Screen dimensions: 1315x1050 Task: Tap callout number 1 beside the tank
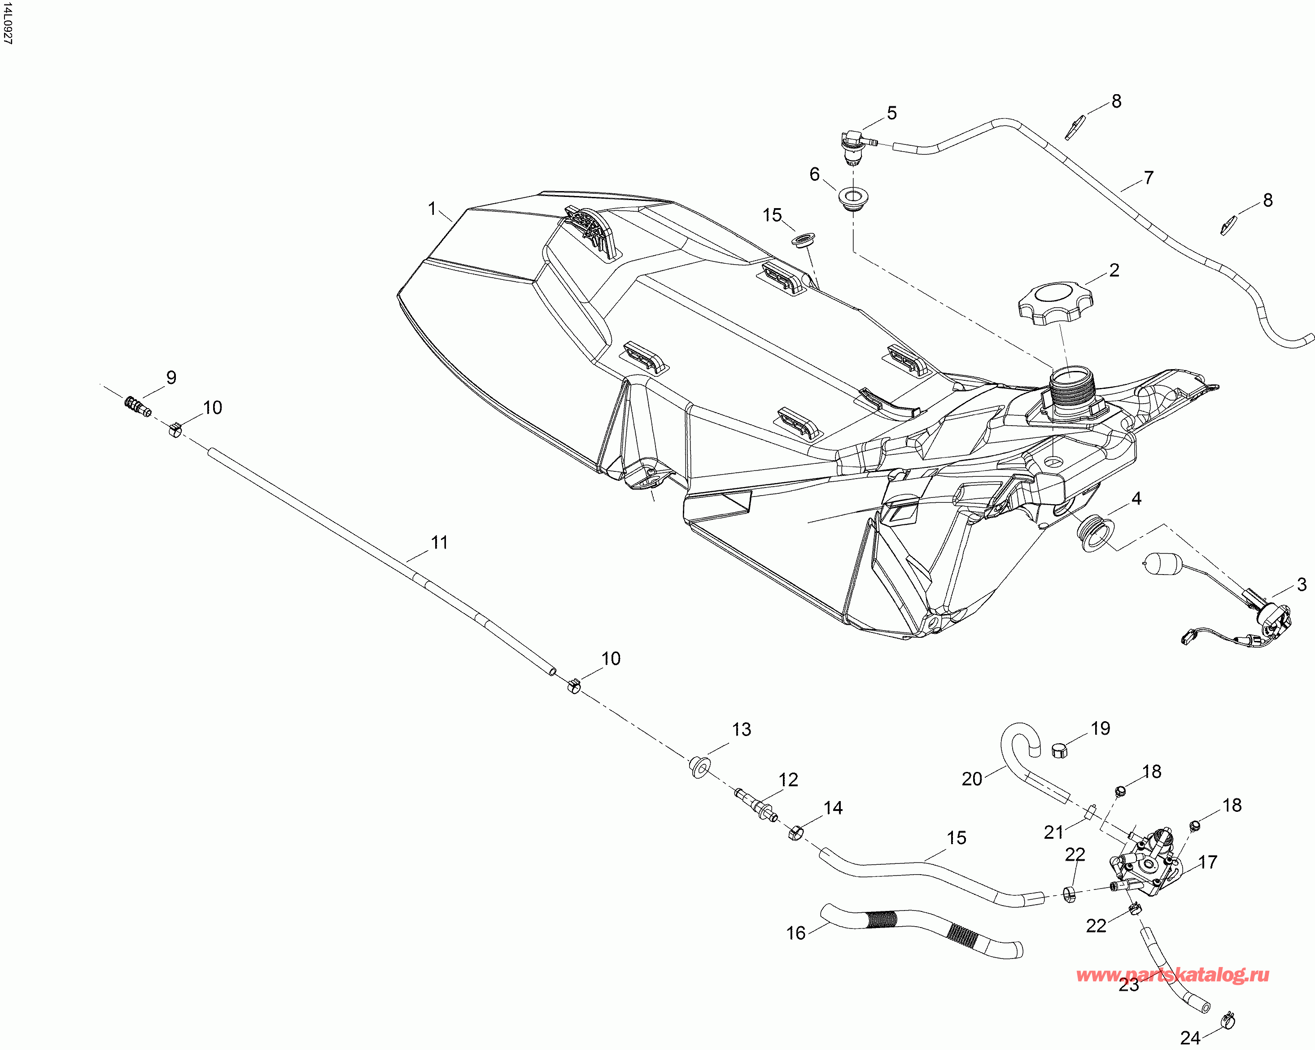[x=433, y=209]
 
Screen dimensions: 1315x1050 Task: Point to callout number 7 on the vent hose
[x=1149, y=178]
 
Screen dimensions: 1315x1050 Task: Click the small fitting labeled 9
[x=137, y=406]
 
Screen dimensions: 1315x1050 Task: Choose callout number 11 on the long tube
[x=439, y=542]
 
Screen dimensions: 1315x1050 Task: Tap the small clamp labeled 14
[x=795, y=832]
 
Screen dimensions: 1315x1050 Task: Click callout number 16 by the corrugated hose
[x=795, y=932]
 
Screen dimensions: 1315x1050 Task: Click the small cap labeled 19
[x=1061, y=750]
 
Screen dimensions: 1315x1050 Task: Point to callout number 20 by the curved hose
[x=972, y=779]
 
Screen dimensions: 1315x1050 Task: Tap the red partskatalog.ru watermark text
[x=1172, y=976]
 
